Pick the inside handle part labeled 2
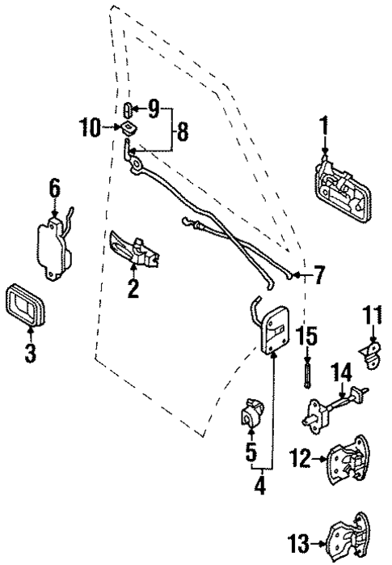pyautogui.click(x=134, y=249)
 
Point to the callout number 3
pyautogui.click(x=31, y=354)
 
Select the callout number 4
pyautogui.click(x=261, y=487)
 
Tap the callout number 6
pyautogui.click(x=55, y=189)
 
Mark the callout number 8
pyautogui.click(x=183, y=131)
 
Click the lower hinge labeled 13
pyautogui.click(x=349, y=537)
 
